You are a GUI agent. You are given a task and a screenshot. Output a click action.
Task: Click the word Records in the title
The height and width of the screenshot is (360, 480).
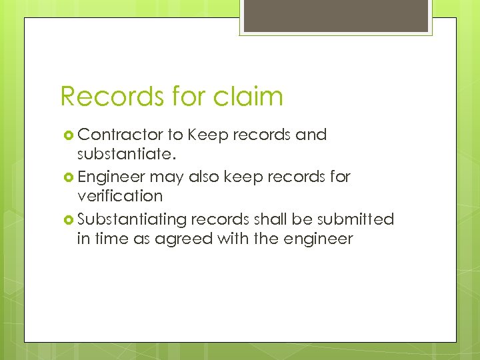[x=107, y=97]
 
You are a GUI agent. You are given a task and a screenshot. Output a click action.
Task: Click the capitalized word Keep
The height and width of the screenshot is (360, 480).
[x=207, y=135]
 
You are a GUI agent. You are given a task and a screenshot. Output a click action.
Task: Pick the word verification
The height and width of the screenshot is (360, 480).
[x=120, y=197]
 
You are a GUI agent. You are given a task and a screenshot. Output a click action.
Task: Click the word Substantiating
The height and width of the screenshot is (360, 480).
[x=132, y=219]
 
